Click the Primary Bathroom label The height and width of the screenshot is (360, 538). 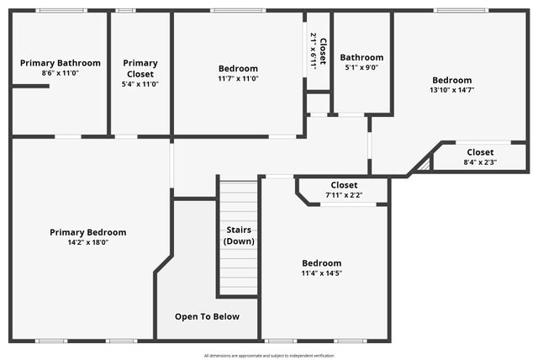(x=60, y=63)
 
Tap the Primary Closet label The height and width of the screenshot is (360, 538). (x=140, y=63)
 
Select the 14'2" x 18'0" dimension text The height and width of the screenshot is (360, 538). (x=87, y=242)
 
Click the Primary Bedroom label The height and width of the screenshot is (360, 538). (x=87, y=232)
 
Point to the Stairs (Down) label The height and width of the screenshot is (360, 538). (x=240, y=236)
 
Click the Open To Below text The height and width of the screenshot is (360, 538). (x=207, y=317)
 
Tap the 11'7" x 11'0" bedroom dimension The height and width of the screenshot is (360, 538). (x=238, y=78)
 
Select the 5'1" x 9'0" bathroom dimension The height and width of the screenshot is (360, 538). (x=361, y=68)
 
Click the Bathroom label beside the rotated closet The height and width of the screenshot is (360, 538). (x=361, y=57)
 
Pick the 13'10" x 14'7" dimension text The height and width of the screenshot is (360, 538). (x=451, y=90)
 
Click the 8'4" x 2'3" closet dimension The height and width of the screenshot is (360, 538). (x=480, y=162)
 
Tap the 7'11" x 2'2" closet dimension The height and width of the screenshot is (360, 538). (x=344, y=195)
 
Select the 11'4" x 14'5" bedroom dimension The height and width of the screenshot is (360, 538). (x=322, y=273)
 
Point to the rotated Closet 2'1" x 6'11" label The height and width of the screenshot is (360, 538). (x=318, y=50)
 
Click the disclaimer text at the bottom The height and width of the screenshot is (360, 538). (x=268, y=355)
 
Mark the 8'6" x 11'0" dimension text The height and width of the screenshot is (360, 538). (x=60, y=73)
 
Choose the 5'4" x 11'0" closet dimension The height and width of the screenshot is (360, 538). (x=140, y=84)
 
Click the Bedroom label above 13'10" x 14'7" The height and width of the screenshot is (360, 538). (x=451, y=80)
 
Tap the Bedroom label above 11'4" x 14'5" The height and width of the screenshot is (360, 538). (x=322, y=262)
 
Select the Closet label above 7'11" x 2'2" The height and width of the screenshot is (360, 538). (x=344, y=185)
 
